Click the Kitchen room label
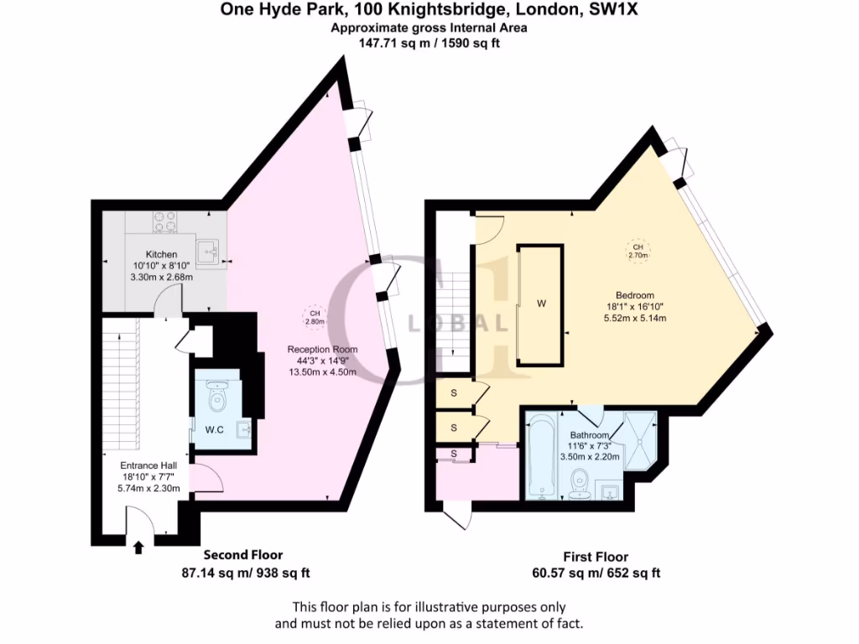(x=161, y=254)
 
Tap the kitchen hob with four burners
(x=164, y=221)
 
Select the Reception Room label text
(x=322, y=350)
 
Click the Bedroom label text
(x=634, y=295)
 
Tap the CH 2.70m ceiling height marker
(x=638, y=251)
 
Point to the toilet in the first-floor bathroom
(x=579, y=484)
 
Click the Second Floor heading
(x=244, y=555)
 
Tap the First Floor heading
(x=595, y=557)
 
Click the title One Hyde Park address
(x=429, y=11)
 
